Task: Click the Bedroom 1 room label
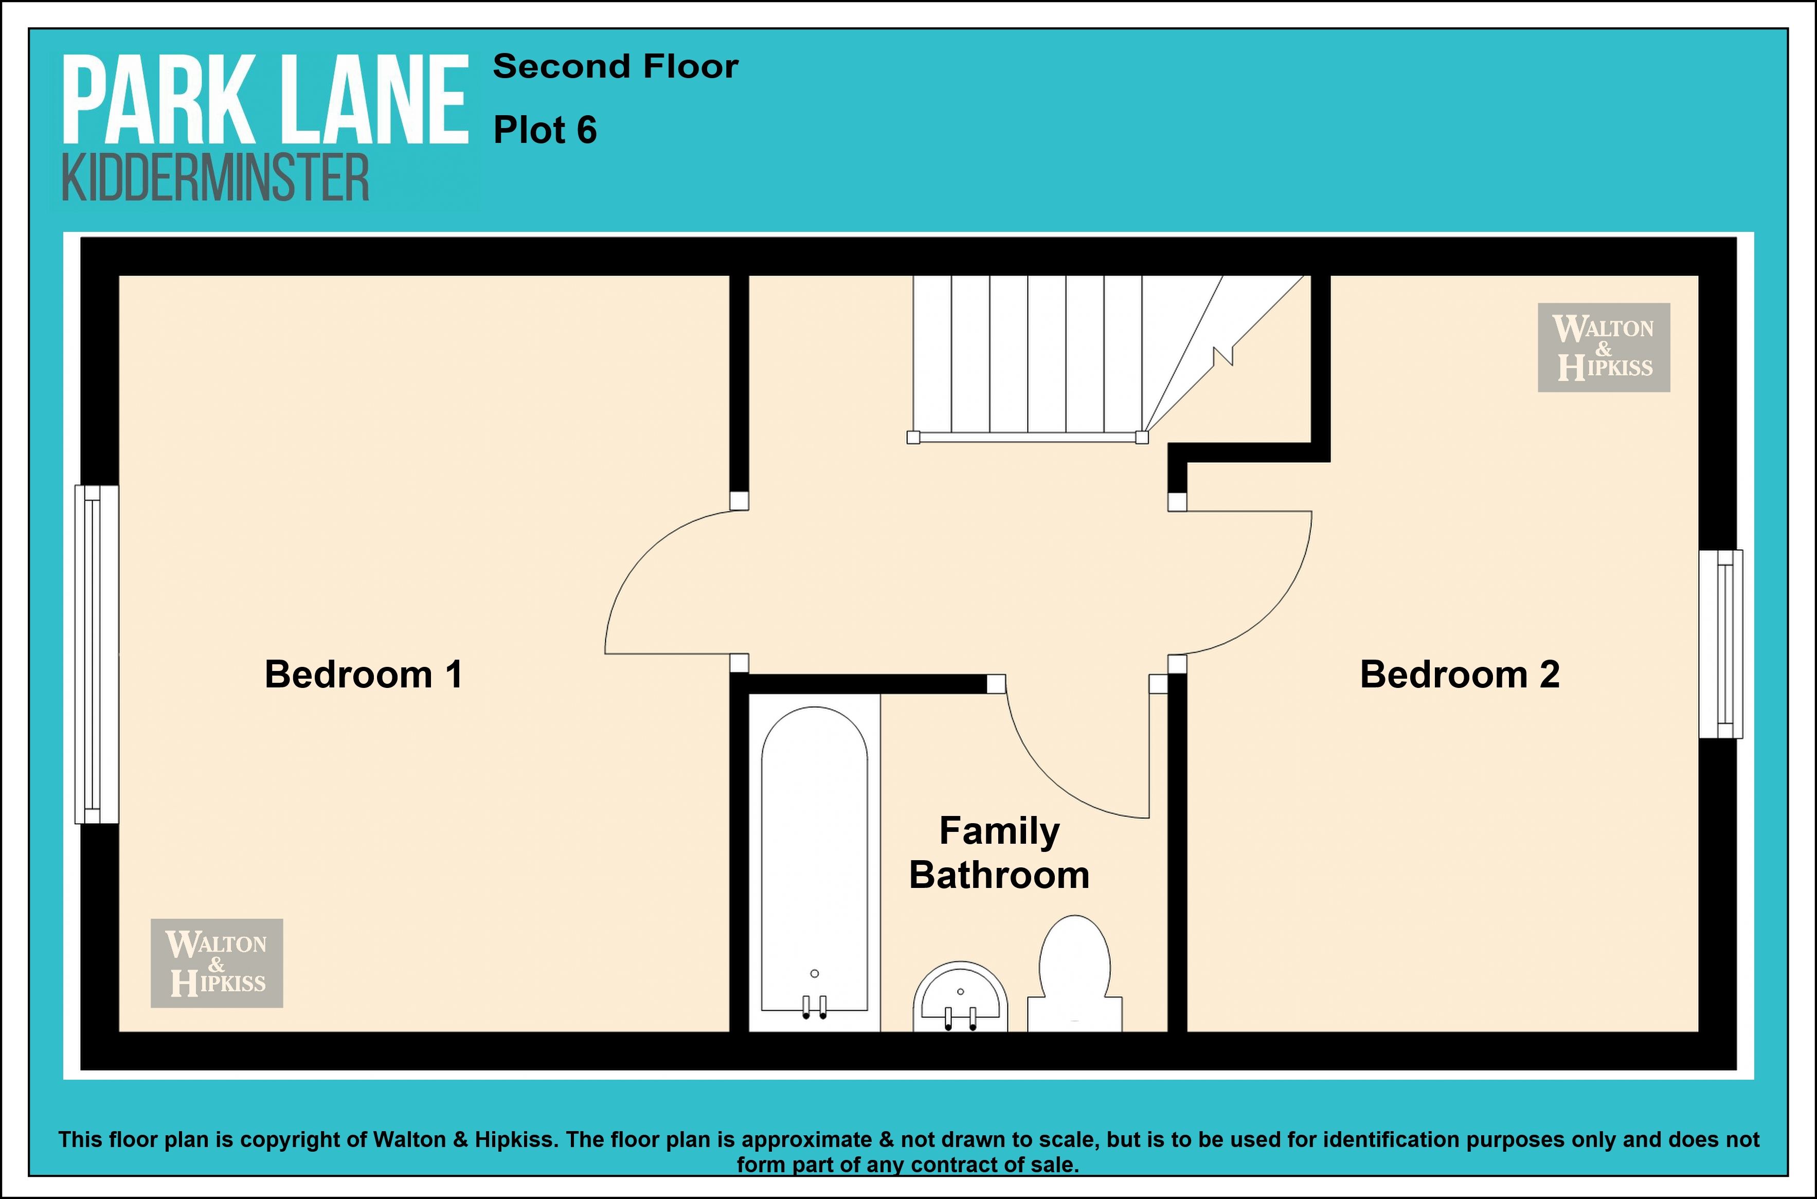(x=363, y=675)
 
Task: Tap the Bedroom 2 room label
(x=1459, y=675)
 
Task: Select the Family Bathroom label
(x=999, y=852)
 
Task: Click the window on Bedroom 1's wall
(x=96, y=655)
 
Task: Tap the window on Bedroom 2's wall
(x=1721, y=644)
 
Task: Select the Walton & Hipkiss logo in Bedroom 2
(x=1604, y=348)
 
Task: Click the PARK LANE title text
(x=264, y=99)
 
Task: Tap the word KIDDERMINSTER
(x=215, y=177)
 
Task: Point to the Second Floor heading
(x=616, y=66)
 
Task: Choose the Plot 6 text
(x=545, y=130)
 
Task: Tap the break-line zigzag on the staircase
(x=1223, y=356)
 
